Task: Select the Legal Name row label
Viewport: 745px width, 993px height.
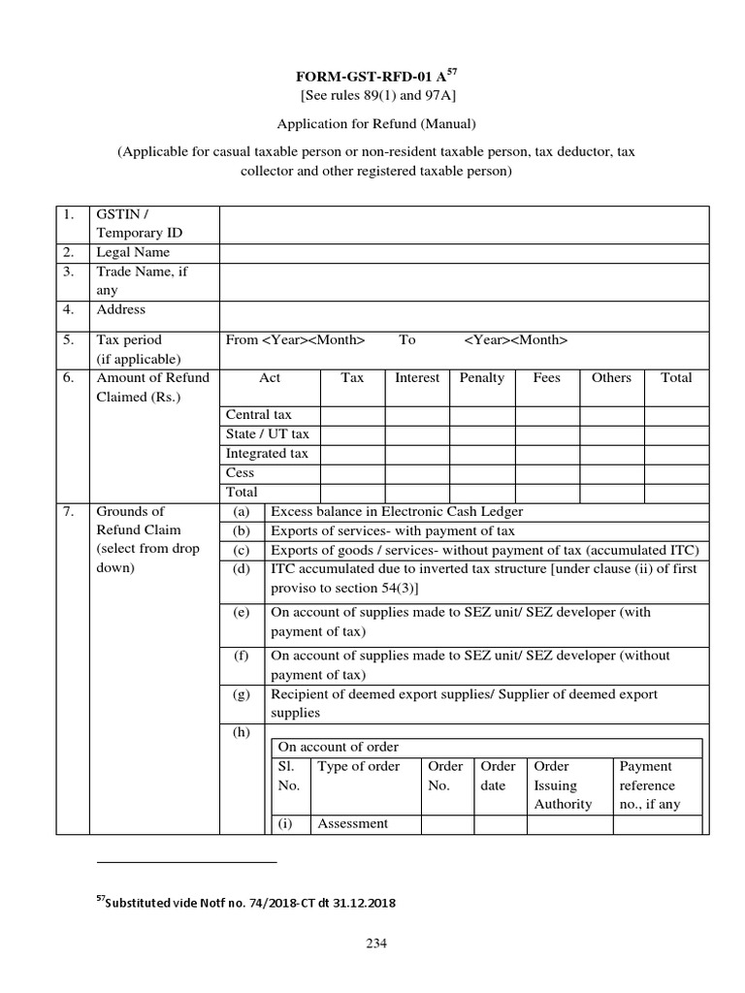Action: (132, 252)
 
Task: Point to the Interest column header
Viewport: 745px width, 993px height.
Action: (417, 378)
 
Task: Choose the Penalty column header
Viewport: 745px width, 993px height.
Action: (482, 378)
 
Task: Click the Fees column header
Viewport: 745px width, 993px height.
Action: (547, 378)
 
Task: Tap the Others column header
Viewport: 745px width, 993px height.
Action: (611, 378)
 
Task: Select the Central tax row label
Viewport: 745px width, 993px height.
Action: (259, 415)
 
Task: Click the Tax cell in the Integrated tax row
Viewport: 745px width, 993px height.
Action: (352, 454)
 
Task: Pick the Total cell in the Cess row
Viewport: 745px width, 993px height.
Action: (676, 473)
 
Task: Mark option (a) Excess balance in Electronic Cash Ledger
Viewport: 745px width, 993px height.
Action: (397, 512)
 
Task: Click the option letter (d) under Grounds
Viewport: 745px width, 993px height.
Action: (242, 569)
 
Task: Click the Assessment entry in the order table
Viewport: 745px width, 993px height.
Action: (353, 824)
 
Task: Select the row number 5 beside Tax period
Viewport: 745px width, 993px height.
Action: (69, 340)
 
